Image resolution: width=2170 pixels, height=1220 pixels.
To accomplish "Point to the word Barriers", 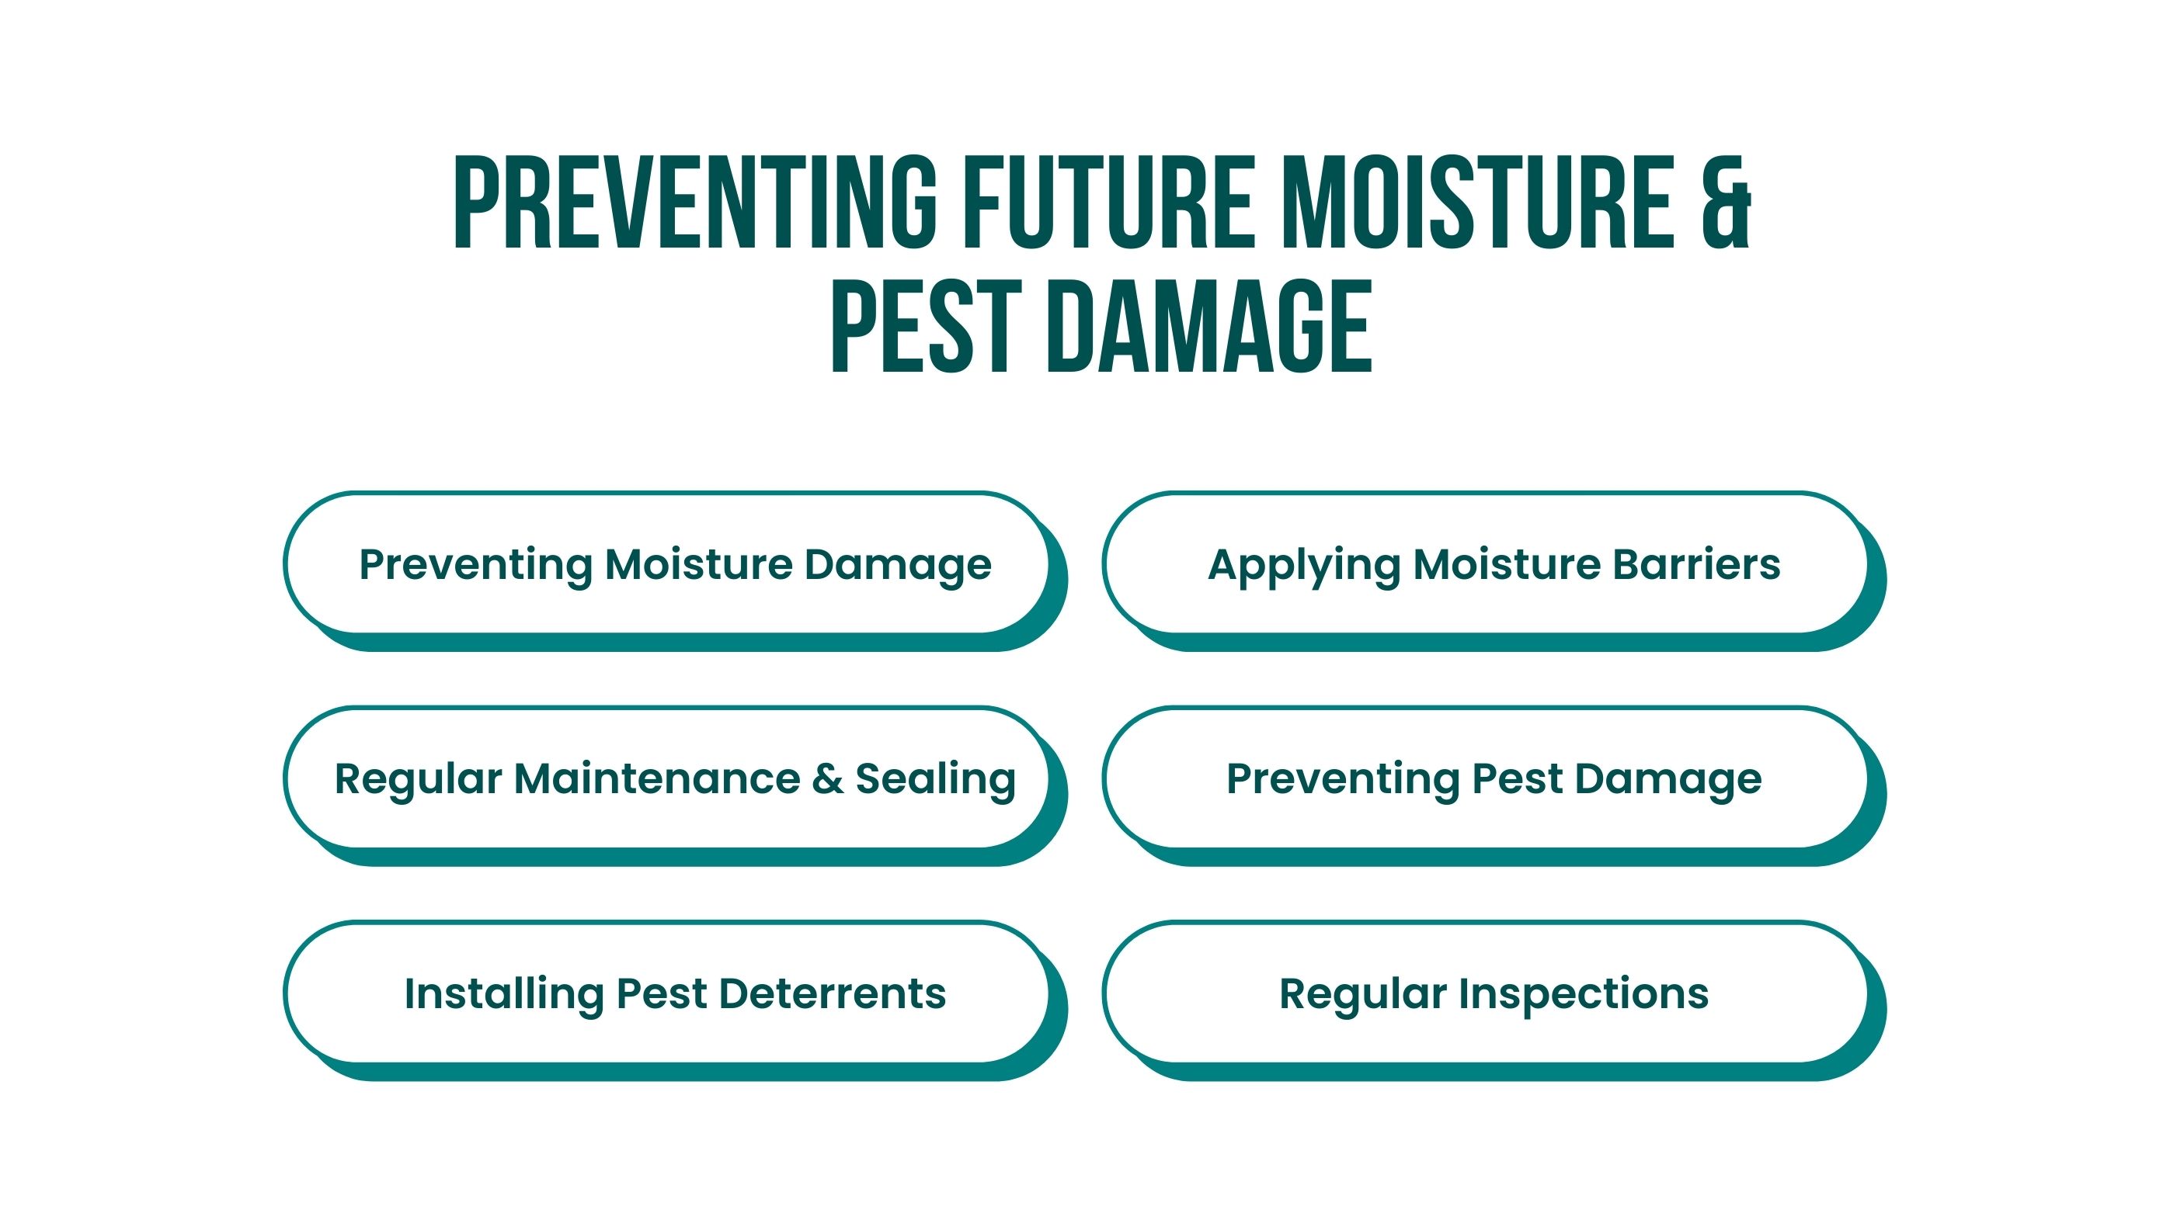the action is [x=1696, y=564].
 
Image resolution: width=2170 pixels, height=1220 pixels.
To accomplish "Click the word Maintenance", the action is [x=657, y=779].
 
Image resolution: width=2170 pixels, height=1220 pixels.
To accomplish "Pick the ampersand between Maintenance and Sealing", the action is [x=828, y=780].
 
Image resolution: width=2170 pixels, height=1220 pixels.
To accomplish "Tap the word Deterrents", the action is [x=833, y=994].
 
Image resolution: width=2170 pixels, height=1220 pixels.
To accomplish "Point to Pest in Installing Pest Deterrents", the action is [x=661, y=994].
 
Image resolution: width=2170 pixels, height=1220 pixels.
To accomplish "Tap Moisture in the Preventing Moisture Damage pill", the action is [x=699, y=564].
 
